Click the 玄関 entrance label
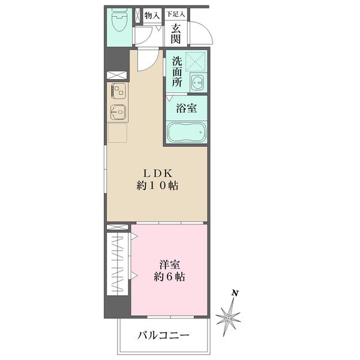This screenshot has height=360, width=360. point(175,33)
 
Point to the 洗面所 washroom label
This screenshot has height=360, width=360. point(177,72)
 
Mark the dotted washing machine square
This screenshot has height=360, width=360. point(196,62)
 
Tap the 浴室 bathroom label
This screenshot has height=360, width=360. point(187,109)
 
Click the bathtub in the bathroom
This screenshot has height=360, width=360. point(187,132)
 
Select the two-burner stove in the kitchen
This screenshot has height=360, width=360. point(117,91)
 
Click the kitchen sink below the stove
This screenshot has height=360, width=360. point(117,112)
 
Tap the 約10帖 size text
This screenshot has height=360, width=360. point(157,186)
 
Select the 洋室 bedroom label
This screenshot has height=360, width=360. point(169,264)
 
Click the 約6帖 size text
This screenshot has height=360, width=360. point(169,277)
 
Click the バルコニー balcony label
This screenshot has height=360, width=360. point(163,335)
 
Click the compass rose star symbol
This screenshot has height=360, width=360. point(229,316)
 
